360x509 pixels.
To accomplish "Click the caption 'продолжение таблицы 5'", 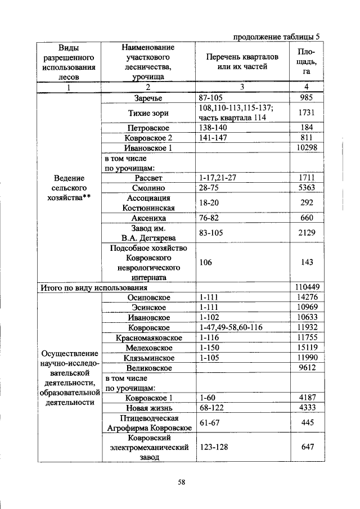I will [278, 37].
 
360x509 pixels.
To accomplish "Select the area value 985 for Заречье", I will [307, 98].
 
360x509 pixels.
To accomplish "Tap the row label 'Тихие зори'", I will [148, 113].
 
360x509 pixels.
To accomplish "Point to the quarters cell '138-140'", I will [214, 128].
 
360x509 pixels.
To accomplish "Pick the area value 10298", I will [307, 147].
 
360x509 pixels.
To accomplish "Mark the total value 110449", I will [307, 287].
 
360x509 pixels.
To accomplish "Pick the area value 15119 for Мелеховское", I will [307, 348].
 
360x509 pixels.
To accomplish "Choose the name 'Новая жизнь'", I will [148, 407].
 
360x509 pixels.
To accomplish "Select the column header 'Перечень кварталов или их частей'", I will [241, 62].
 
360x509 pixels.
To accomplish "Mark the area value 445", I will [307, 422].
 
